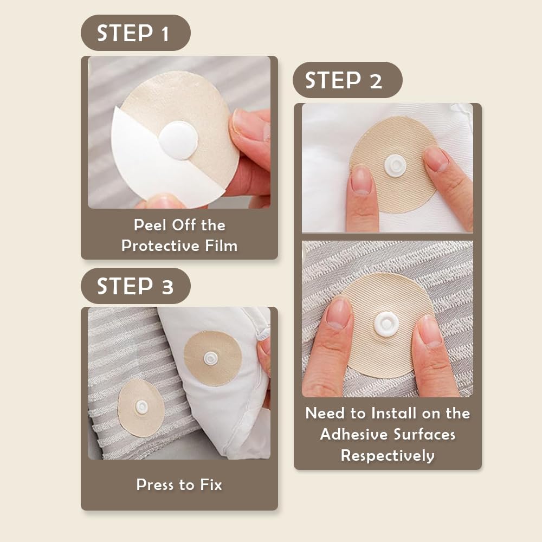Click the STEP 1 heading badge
pos(135,33)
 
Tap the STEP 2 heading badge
pos(347,80)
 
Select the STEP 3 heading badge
pos(135,286)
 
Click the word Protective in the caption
pos(160,246)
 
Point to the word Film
pos(221,246)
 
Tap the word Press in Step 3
pos(155,485)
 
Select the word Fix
pos(211,485)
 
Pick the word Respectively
pos(388,456)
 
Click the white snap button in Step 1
pos(178,140)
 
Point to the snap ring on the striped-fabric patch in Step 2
pos(386,324)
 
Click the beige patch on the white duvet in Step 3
pos(212,358)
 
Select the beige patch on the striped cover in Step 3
pos(141,408)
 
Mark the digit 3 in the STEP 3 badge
pos(167,287)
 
